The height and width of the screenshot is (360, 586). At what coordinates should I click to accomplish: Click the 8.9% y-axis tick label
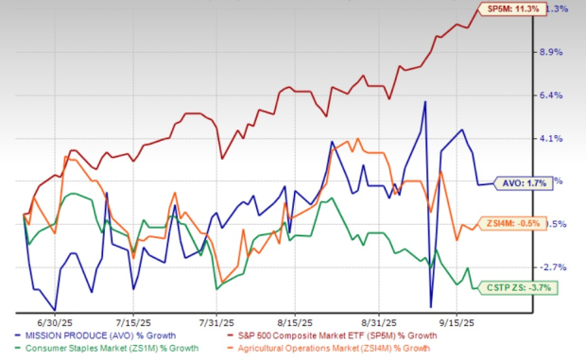(x=550, y=52)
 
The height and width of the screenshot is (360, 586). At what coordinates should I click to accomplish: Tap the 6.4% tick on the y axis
(x=550, y=95)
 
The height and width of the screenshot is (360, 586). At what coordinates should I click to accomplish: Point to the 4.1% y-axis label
(x=550, y=138)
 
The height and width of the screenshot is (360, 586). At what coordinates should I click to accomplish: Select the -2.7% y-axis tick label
(x=550, y=266)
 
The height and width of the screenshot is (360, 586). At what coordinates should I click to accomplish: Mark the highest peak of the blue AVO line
(x=425, y=101)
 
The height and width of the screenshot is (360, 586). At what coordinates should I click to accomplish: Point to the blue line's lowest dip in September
(x=431, y=307)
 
